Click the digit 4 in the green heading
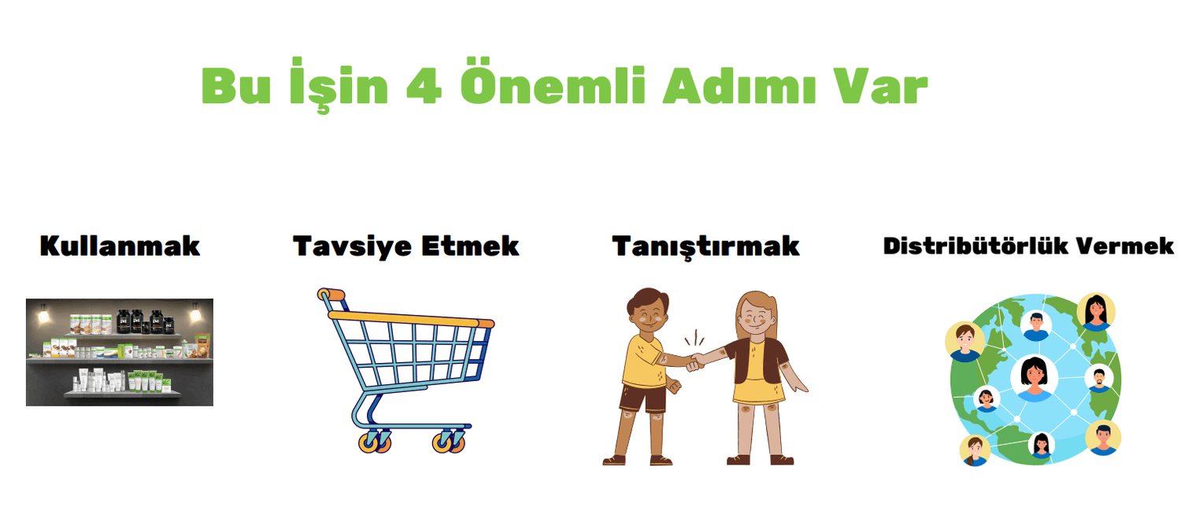(424, 86)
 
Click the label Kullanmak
(120, 246)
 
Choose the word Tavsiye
(352, 247)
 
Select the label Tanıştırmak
(705, 247)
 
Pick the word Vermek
(1124, 246)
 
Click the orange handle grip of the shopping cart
(331, 294)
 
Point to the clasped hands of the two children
(696, 362)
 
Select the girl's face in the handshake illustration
(757, 317)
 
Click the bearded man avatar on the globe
(1099, 379)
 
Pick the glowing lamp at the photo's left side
(43, 314)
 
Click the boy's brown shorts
(642, 398)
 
